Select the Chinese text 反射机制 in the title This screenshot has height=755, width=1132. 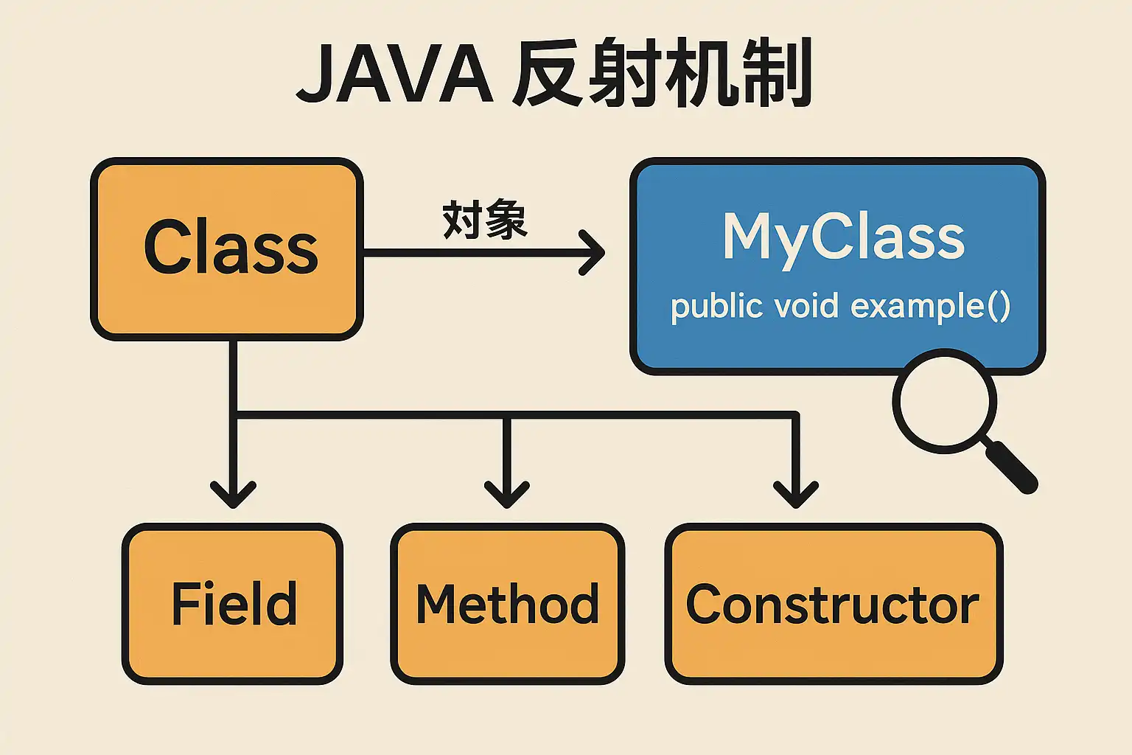click(661, 74)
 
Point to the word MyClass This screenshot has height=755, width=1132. click(843, 237)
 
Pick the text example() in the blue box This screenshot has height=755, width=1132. click(930, 306)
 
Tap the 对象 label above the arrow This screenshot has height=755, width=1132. click(484, 219)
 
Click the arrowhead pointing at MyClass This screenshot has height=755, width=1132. click(595, 253)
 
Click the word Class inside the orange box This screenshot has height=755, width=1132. click(231, 248)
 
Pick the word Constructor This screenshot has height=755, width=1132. click(833, 605)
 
